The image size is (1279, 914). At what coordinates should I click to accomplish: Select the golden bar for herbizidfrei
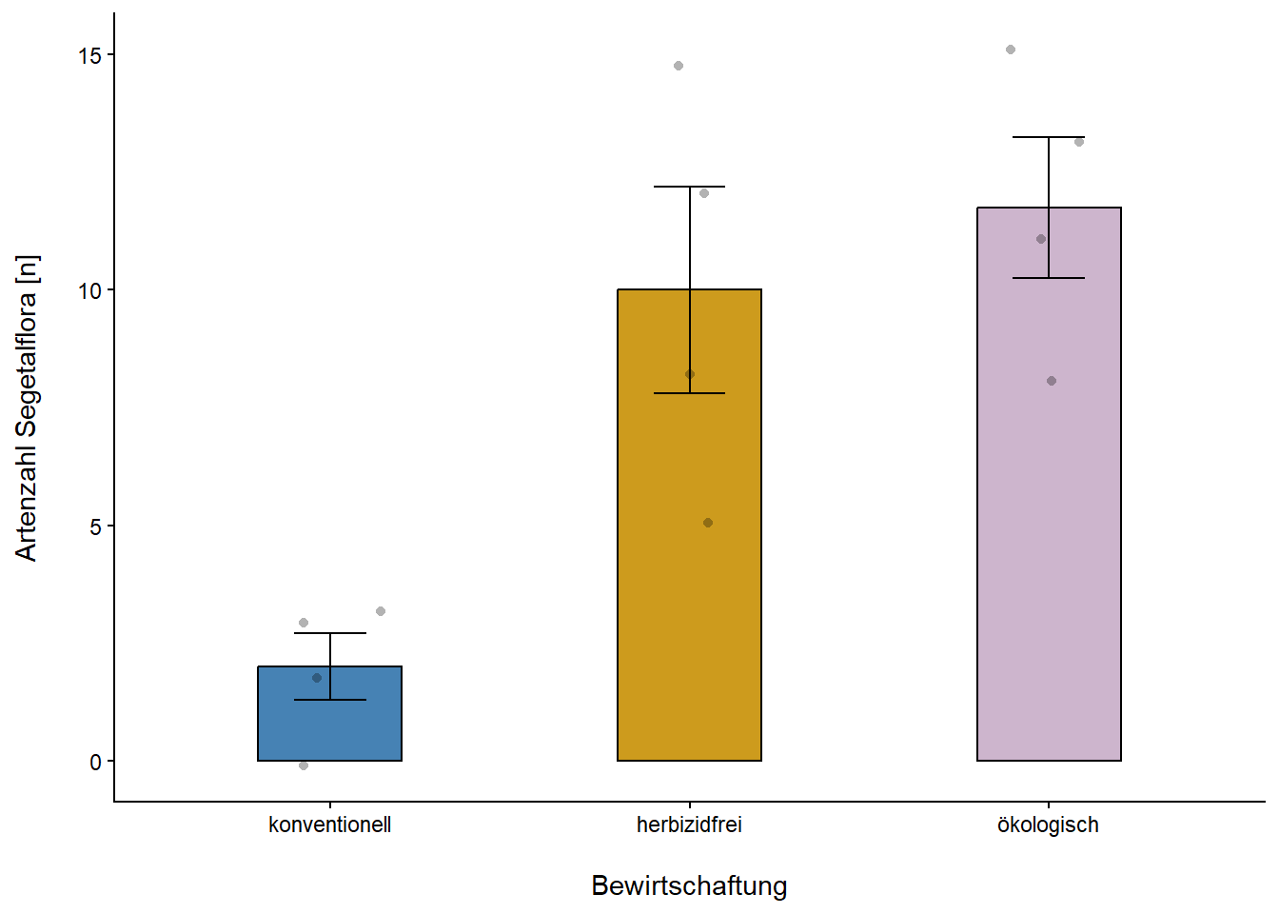click(689, 571)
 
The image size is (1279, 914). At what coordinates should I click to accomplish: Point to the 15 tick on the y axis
click(90, 55)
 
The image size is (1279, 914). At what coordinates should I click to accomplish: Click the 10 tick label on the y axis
click(90, 290)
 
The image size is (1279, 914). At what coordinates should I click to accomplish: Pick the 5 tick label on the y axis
click(95, 527)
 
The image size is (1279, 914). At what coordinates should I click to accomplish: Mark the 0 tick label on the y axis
click(95, 762)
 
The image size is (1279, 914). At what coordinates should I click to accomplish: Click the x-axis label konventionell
click(329, 825)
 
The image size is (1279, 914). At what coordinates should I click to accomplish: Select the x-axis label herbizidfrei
click(689, 825)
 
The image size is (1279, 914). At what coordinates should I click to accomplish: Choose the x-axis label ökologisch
click(1048, 825)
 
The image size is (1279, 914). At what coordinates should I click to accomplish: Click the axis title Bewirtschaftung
click(689, 885)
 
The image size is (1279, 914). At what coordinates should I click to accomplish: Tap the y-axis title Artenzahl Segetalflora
click(27, 407)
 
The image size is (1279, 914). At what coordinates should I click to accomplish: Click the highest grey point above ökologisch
click(1011, 50)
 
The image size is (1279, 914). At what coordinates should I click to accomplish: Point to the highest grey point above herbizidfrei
click(679, 66)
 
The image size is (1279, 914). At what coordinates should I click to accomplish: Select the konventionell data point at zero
click(304, 765)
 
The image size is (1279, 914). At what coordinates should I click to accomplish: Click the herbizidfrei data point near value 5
click(708, 523)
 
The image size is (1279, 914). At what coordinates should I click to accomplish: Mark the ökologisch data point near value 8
click(1052, 381)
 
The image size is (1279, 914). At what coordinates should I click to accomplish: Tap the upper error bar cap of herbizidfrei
click(689, 187)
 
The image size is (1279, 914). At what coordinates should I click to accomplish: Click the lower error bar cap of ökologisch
click(1049, 278)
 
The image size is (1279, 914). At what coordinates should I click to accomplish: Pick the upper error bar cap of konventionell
click(329, 633)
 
